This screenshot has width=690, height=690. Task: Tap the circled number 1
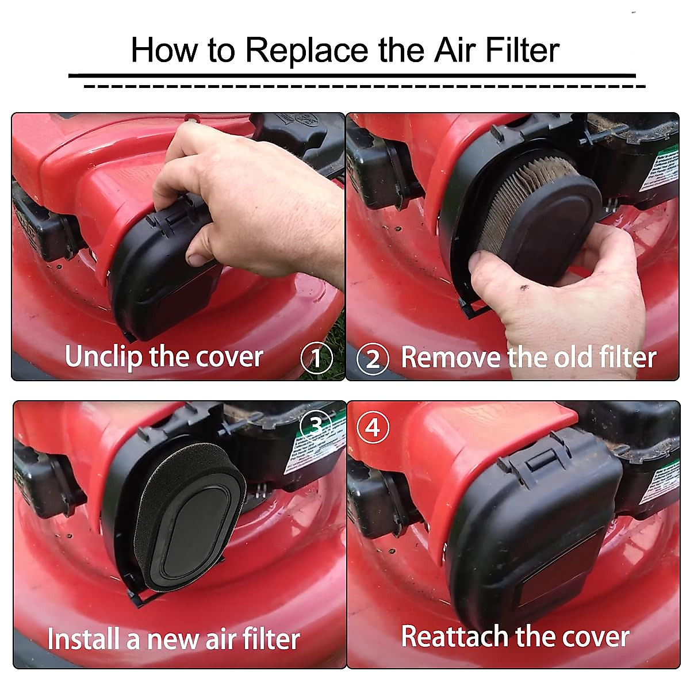pos(316,358)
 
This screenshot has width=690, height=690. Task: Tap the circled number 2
pos(373,359)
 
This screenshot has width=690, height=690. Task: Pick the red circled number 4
pos(373,428)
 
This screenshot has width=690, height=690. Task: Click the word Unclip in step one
pos(103,356)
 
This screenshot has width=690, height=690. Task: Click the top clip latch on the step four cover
pos(538,459)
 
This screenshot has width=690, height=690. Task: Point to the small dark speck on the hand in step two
pos(524,286)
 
